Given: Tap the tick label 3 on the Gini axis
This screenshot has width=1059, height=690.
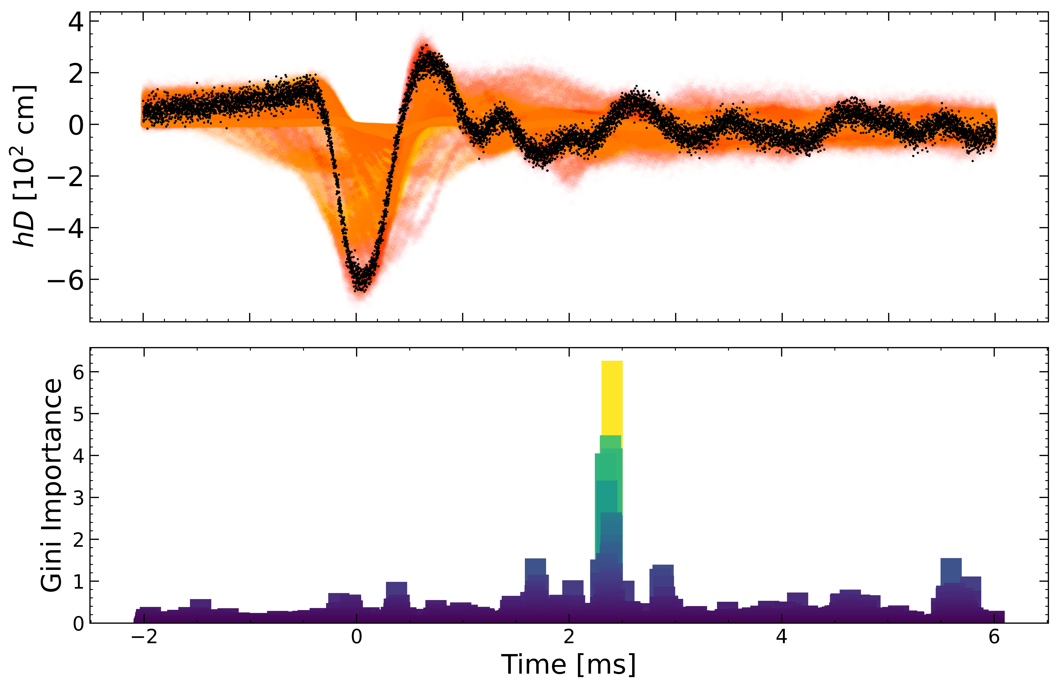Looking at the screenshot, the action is (x=78, y=497).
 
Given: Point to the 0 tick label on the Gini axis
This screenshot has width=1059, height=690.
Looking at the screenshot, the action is (x=78, y=624).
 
